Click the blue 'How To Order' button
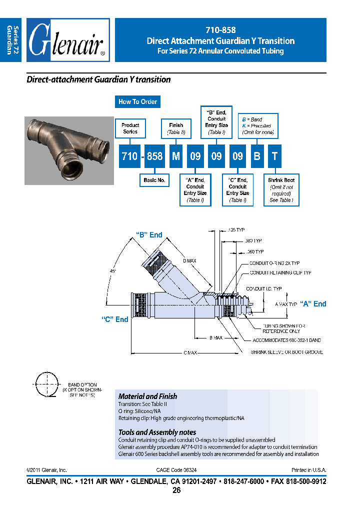tap(137, 101)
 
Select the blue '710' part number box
tap(129, 156)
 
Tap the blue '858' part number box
tap(154, 156)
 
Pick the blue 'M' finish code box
tap(176, 156)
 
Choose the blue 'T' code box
tap(274, 156)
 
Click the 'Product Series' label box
tap(130, 128)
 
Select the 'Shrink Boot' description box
tap(281, 190)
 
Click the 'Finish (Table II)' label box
tap(176, 128)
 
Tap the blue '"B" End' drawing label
tap(149, 235)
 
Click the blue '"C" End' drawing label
tap(114, 319)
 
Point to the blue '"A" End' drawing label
tap(313, 303)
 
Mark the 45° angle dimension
tap(113, 270)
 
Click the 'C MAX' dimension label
tap(189, 352)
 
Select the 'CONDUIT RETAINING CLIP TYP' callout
tap(280, 273)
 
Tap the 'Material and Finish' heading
tap(147, 396)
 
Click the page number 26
tap(176, 490)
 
